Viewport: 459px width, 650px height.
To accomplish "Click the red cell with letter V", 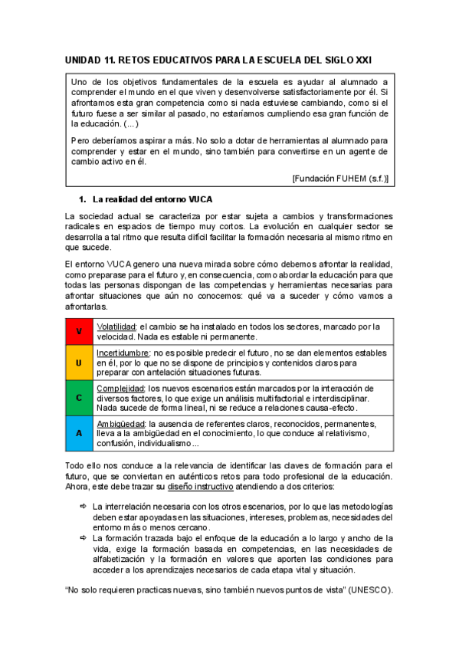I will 78,331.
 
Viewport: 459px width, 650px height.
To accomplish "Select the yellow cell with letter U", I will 78,361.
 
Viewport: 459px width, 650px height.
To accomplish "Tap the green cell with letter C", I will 78,398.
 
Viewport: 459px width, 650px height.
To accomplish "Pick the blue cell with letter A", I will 78,433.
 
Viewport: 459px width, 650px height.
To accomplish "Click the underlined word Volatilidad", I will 116,327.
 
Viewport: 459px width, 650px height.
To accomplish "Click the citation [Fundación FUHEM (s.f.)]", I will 339,178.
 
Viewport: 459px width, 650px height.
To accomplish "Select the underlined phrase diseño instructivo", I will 200,487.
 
